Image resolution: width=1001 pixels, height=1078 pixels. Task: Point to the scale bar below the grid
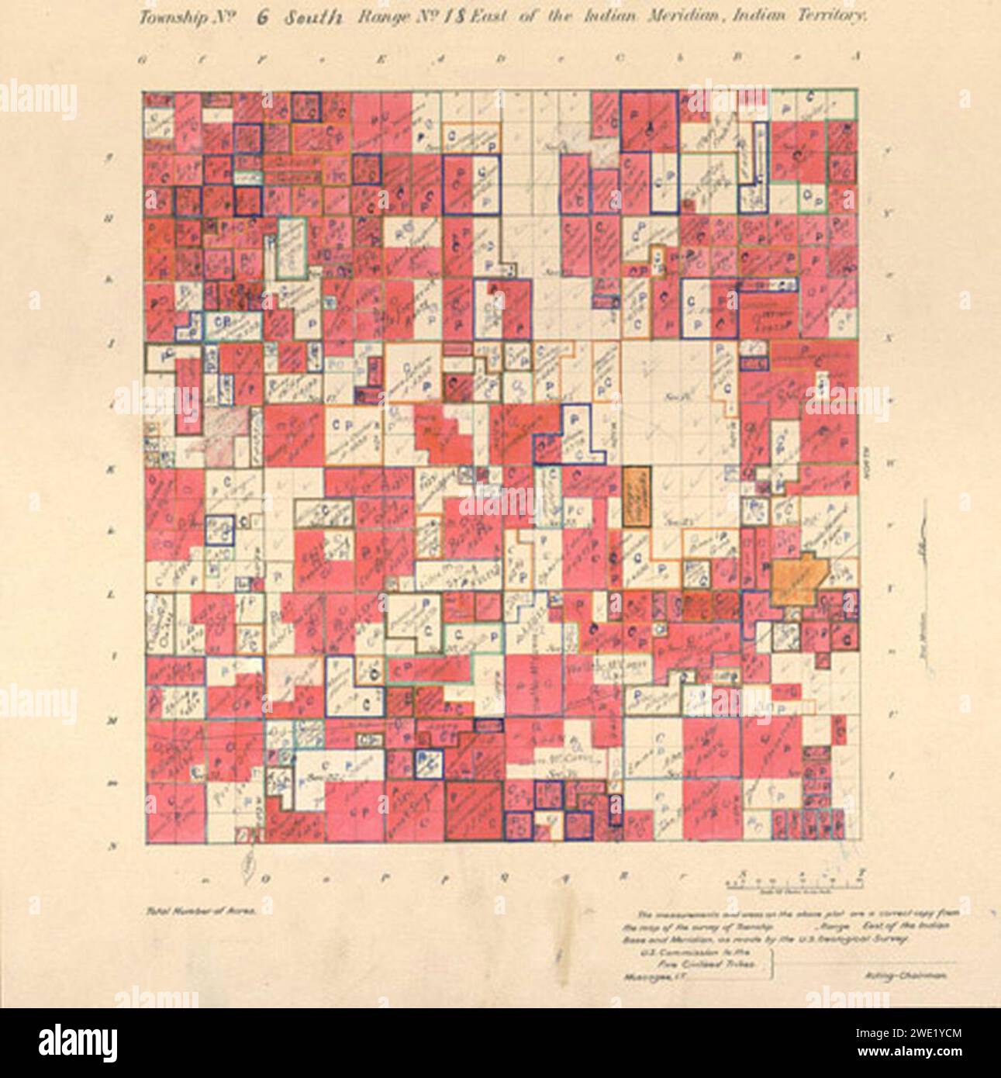(x=796, y=882)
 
